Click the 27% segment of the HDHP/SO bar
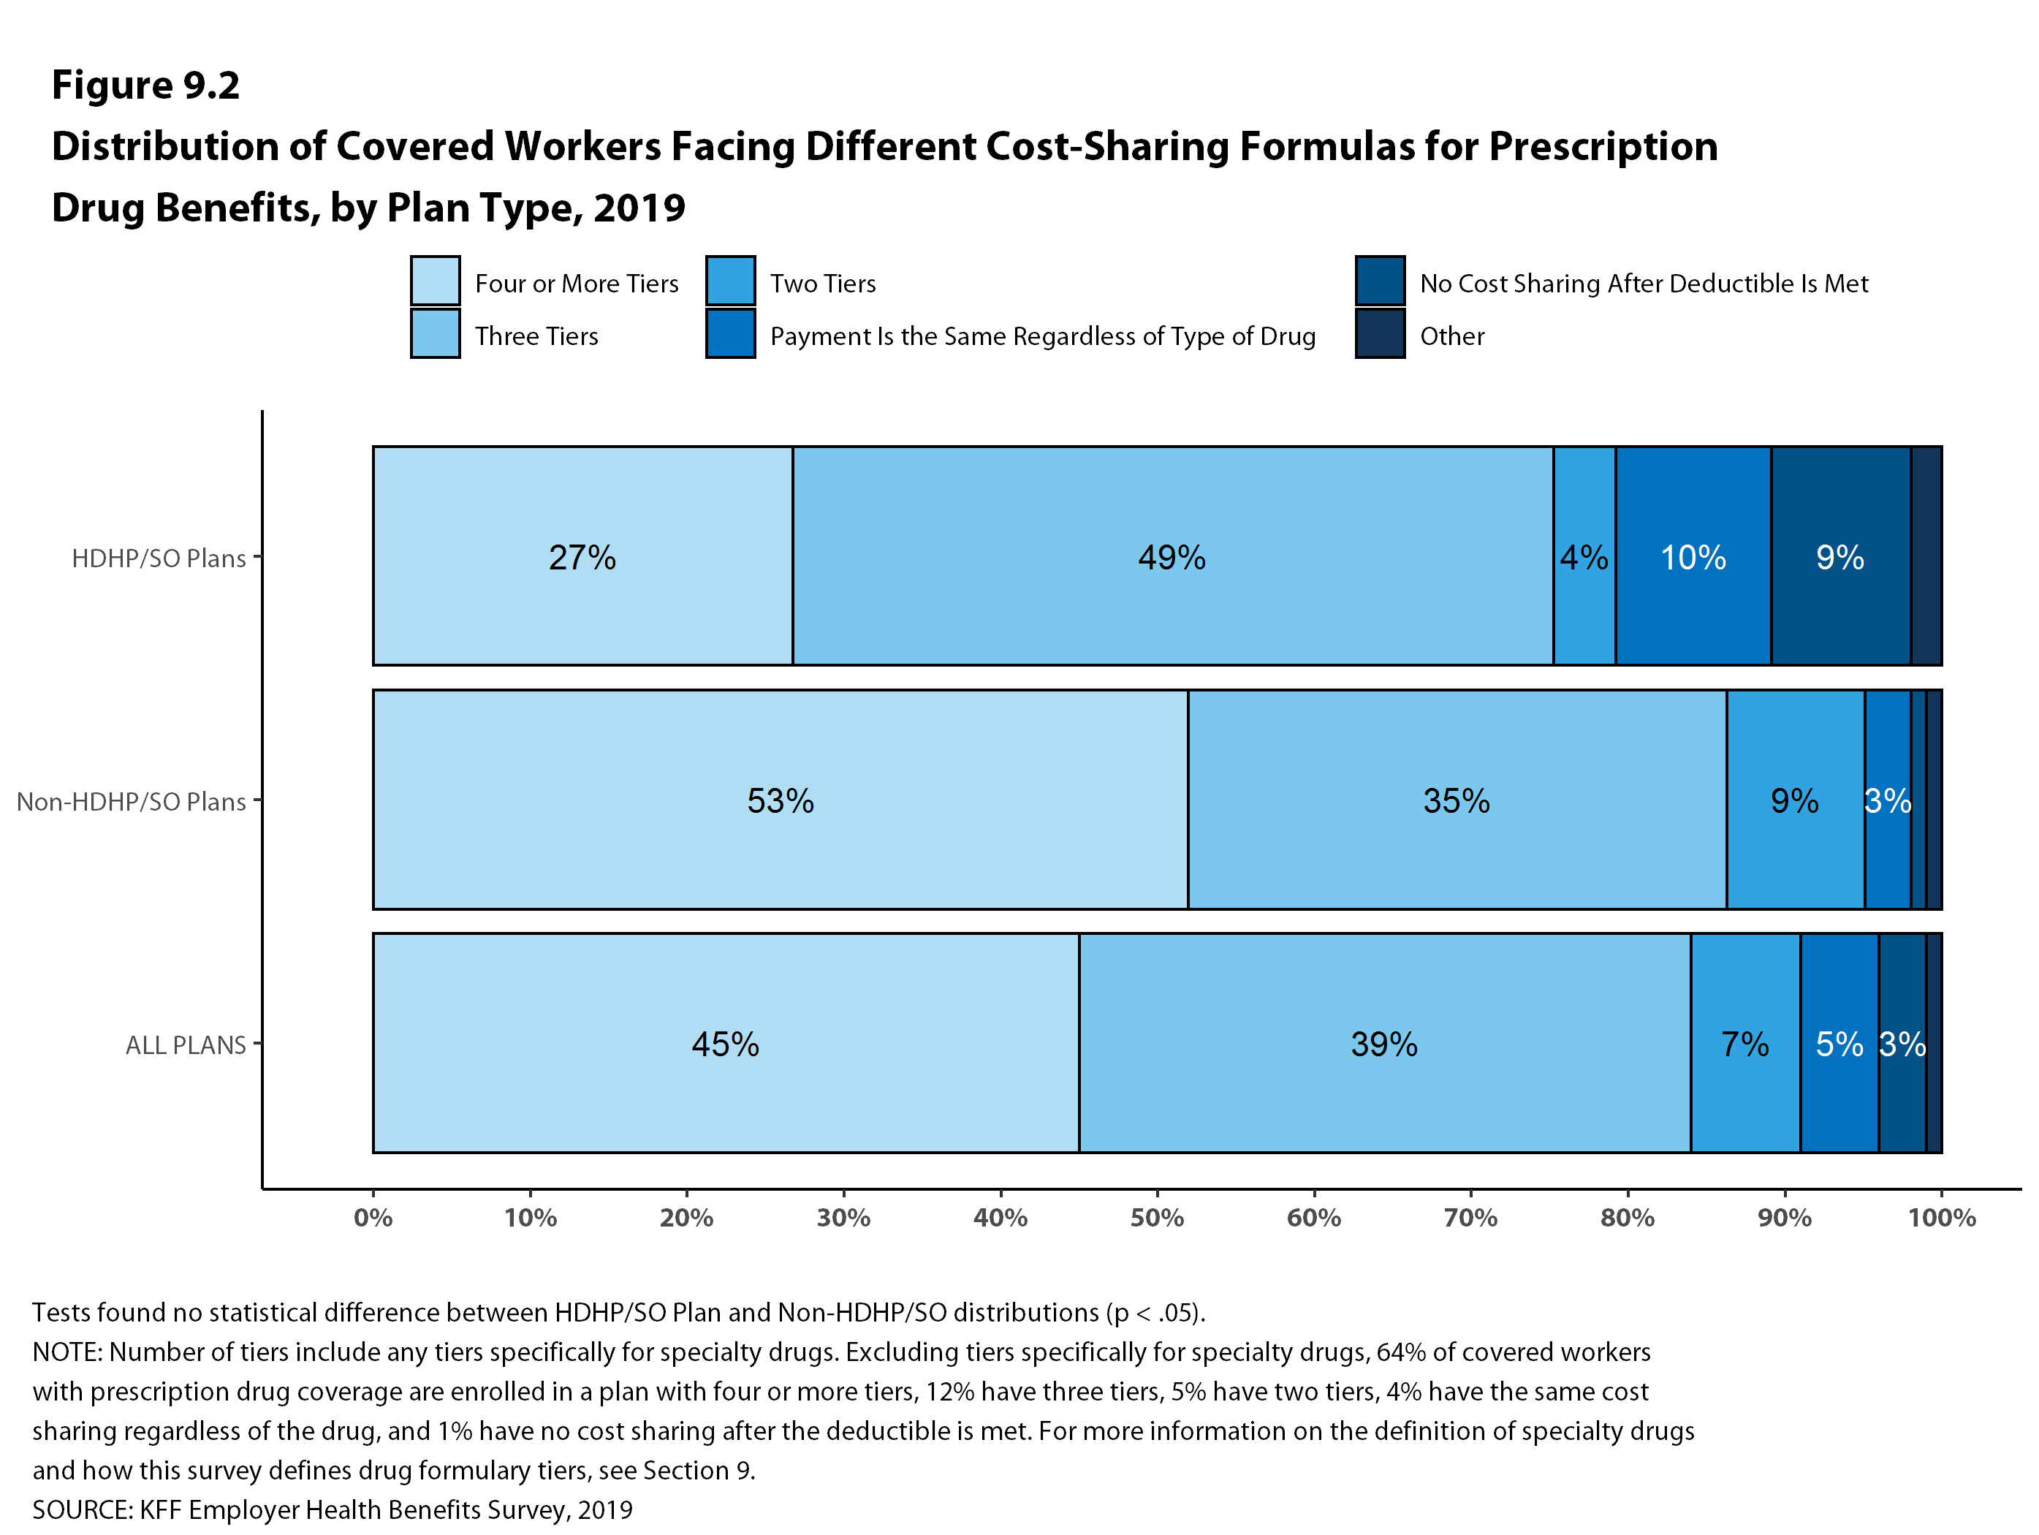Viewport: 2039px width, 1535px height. [x=582, y=556]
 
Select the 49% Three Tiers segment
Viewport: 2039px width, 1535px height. [x=1172, y=556]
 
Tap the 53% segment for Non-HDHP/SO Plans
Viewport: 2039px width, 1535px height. [x=780, y=800]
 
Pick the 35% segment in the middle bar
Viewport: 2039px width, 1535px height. [x=1457, y=800]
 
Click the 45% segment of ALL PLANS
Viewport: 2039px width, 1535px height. [x=726, y=1042]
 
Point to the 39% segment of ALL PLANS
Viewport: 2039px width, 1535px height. [x=1383, y=1042]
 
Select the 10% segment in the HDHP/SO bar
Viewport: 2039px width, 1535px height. [x=1693, y=556]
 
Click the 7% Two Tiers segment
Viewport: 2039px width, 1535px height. [x=1745, y=1042]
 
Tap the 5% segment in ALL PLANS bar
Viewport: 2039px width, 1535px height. [x=1839, y=1042]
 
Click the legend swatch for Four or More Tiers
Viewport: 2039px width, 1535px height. [x=435, y=280]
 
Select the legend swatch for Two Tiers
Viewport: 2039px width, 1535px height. [x=730, y=280]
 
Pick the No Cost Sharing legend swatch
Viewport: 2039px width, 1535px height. [x=1380, y=280]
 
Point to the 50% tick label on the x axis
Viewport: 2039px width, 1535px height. [x=1157, y=1218]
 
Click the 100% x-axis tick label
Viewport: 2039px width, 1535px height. [x=1941, y=1218]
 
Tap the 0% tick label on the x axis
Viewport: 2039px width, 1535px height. [x=373, y=1218]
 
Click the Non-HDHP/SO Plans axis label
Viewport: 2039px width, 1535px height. [x=131, y=801]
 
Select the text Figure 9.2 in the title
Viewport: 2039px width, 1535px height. [x=145, y=85]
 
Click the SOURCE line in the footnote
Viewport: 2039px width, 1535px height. [x=332, y=1509]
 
